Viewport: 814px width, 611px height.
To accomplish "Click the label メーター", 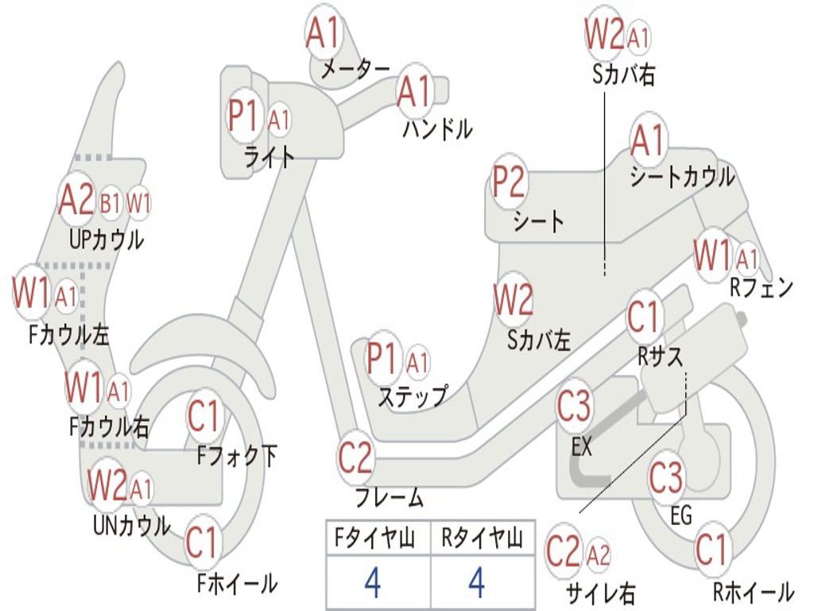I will pyautogui.click(x=355, y=70).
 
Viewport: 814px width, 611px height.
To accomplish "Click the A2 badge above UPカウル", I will pyautogui.click(x=76, y=200).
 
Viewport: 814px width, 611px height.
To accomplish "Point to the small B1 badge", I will pyautogui.click(x=110, y=204).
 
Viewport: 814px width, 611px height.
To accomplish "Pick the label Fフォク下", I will pyautogui.click(x=237, y=457).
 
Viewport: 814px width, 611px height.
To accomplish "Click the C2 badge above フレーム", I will pyautogui.click(x=355, y=457).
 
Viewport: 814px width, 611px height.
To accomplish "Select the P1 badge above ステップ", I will pyautogui.click(x=382, y=359).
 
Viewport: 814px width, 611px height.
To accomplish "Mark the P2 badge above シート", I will pyautogui.click(x=509, y=182).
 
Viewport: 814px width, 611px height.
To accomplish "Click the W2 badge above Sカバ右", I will pyautogui.click(x=604, y=34).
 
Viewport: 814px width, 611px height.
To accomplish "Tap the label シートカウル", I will pyautogui.click(x=682, y=177).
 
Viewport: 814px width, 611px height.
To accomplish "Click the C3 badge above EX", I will pyautogui.click(x=574, y=407).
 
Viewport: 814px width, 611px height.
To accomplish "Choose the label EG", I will pyautogui.click(x=681, y=516).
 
